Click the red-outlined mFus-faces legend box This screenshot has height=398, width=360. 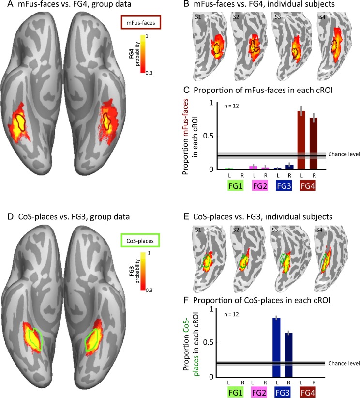click(x=141, y=22)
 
